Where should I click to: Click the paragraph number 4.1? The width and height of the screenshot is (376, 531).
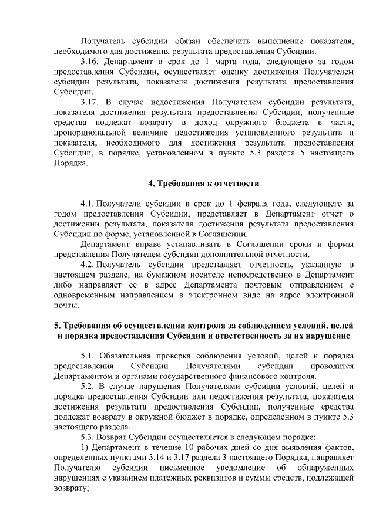(x=88, y=204)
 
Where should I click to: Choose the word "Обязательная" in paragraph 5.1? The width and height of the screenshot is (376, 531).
(x=127, y=356)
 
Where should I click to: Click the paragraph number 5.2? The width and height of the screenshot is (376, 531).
(x=88, y=387)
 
